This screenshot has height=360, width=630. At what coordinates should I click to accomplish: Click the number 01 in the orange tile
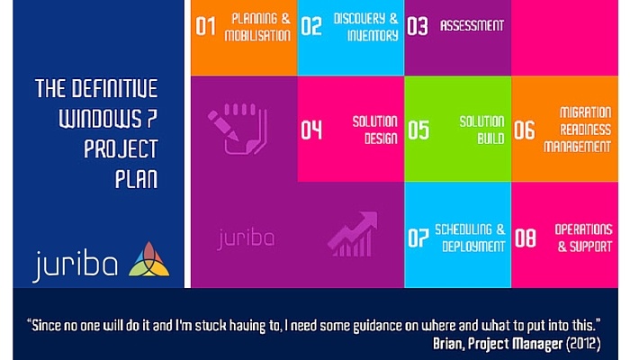206,26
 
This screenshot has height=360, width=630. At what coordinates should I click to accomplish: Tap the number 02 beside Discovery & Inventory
311,26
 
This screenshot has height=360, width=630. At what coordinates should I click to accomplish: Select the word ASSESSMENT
472,26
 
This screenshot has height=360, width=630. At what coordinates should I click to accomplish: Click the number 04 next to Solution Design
311,130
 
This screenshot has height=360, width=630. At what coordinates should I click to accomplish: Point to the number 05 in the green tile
418,130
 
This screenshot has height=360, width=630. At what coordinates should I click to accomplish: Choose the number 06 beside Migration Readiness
525,130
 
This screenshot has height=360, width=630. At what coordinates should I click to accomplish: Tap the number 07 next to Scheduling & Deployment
418,238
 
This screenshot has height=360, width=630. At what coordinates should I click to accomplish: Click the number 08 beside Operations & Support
525,238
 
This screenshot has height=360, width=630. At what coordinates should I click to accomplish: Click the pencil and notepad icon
238,129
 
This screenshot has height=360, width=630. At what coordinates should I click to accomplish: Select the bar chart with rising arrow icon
353,234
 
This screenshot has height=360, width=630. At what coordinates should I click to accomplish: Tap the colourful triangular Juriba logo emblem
149,259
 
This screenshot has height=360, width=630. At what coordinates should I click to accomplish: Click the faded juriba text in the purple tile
246,238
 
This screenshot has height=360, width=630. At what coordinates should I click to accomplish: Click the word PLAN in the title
136,179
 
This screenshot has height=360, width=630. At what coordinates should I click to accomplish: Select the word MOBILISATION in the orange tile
257,35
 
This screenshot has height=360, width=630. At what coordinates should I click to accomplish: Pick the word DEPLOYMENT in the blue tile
473,247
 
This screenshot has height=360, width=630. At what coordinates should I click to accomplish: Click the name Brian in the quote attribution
448,344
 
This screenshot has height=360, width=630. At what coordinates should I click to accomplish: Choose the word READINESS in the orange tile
585,130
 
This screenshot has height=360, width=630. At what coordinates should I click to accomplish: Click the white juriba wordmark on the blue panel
76,265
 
